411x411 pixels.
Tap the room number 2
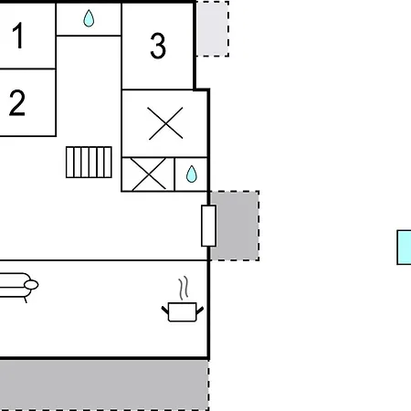[x=17, y=103]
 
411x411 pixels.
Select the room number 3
[x=158, y=46]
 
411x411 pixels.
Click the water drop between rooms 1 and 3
[x=89, y=18]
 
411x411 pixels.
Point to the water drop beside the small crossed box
[x=192, y=174]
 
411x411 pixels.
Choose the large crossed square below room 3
[x=165, y=123]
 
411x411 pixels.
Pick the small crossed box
[x=147, y=174]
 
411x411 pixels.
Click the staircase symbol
[x=89, y=163]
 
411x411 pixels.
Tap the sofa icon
[x=15, y=286]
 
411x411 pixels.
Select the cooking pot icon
[x=183, y=312]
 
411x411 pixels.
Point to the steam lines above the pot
[x=184, y=290]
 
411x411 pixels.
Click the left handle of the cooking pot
[x=164, y=309]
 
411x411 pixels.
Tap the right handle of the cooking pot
[x=201, y=309]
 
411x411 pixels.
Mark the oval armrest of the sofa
[x=31, y=285]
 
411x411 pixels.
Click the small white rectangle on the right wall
[x=208, y=226]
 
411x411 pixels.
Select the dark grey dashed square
[x=236, y=226]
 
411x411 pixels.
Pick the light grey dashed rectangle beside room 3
[x=212, y=28]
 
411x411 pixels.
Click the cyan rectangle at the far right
[x=404, y=247]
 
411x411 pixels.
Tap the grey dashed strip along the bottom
[x=102, y=384]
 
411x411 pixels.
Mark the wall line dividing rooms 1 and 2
[x=27, y=68]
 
